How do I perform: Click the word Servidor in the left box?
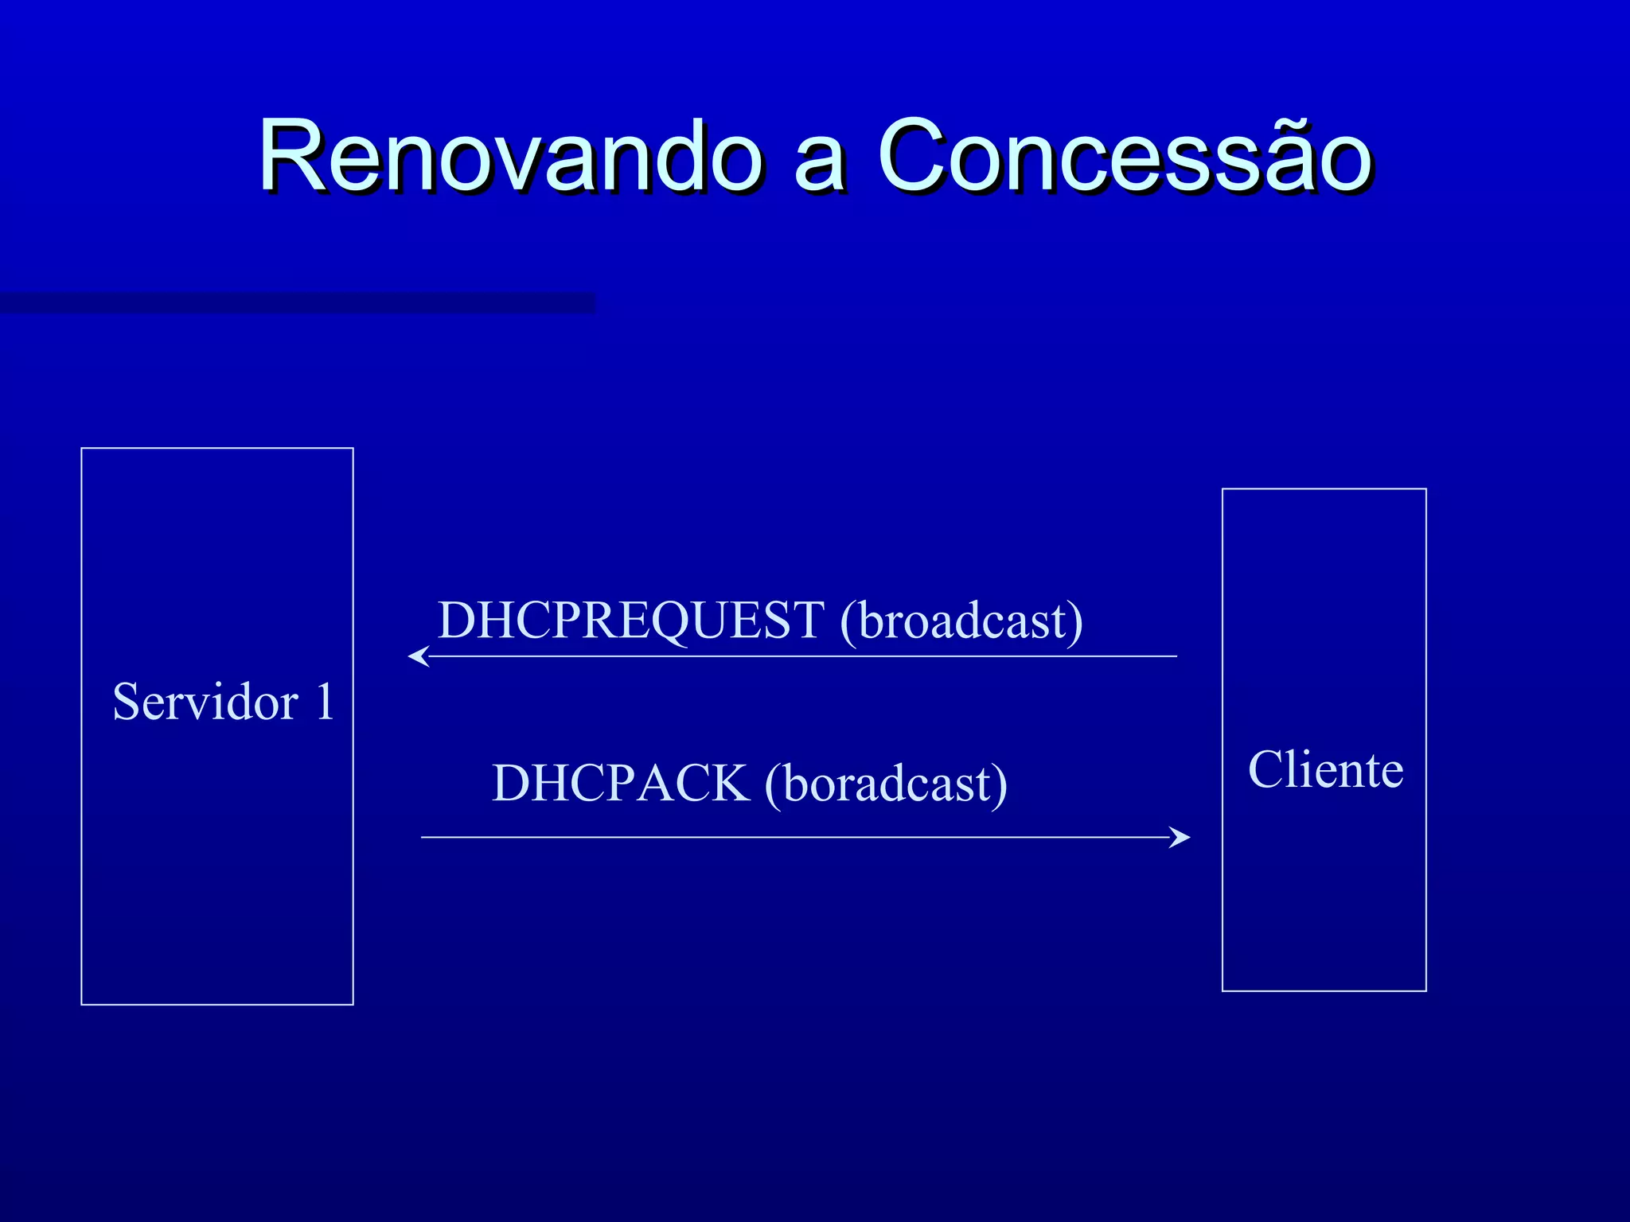[205, 702]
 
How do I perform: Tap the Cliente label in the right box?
[1325, 769]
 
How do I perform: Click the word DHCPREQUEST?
[631, 621]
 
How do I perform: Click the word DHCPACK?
[621, 784]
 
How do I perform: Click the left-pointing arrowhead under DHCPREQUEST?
[417, 656]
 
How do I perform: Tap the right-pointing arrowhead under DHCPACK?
[1181, 837]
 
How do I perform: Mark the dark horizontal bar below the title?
[296, 303]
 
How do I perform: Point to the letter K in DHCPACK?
[726, 784]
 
